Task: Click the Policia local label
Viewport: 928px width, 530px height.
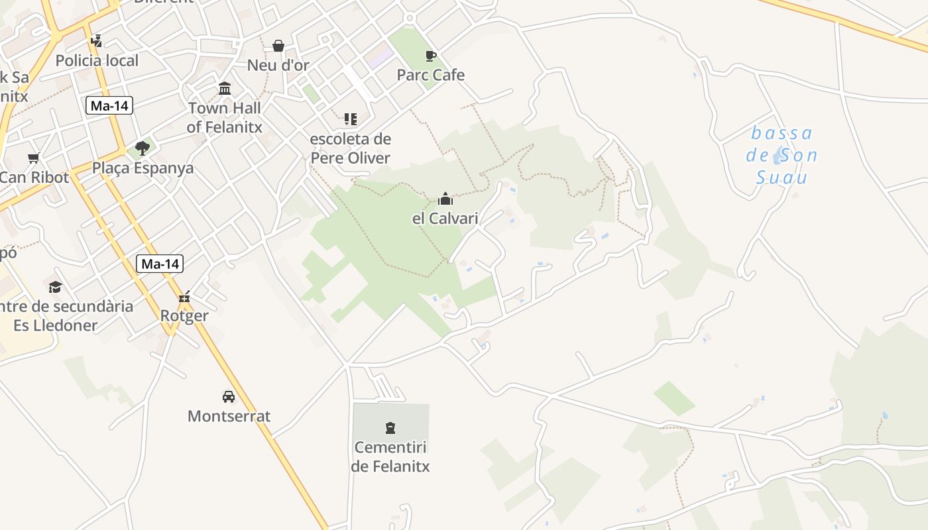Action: click(x=97, y=61)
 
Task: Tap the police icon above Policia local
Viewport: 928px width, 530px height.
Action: click(x=97, y=41)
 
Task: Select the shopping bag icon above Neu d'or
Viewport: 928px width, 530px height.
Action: click(x=278, y=46)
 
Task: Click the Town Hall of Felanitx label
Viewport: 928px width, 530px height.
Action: click(x=225, y=117)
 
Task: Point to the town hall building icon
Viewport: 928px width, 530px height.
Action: click(x=225, y=89)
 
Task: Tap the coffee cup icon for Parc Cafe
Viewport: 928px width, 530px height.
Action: click(x=431, y=56)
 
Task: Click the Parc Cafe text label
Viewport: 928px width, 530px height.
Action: click(x=431, y=75)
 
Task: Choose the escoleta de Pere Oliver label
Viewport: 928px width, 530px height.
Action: click(x=351, y=148)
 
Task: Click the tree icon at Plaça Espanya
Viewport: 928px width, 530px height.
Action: click(x=142, y=148)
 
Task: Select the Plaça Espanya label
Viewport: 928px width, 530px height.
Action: click(x=143, y=168)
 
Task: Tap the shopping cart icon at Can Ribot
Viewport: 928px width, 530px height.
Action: click(x=34, y=158)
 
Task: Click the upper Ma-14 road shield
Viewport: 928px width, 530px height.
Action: click(x=109, y=105)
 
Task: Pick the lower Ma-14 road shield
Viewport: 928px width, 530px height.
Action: click(x=160, y=264)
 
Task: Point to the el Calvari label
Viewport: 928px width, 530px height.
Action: click(x=445, y=218)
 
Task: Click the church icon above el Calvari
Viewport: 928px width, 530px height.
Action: click(x=445, y=199)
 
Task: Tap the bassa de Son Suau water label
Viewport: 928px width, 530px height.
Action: click(x=782, y=156)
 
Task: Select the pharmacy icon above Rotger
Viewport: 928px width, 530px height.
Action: click(x=185, y=296)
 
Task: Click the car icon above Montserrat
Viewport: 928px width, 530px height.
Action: click(x=229, y=397)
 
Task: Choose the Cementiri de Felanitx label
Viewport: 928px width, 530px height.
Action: click(x=390, y=456)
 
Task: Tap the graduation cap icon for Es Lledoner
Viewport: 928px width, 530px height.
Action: click(x=55, y=287)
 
